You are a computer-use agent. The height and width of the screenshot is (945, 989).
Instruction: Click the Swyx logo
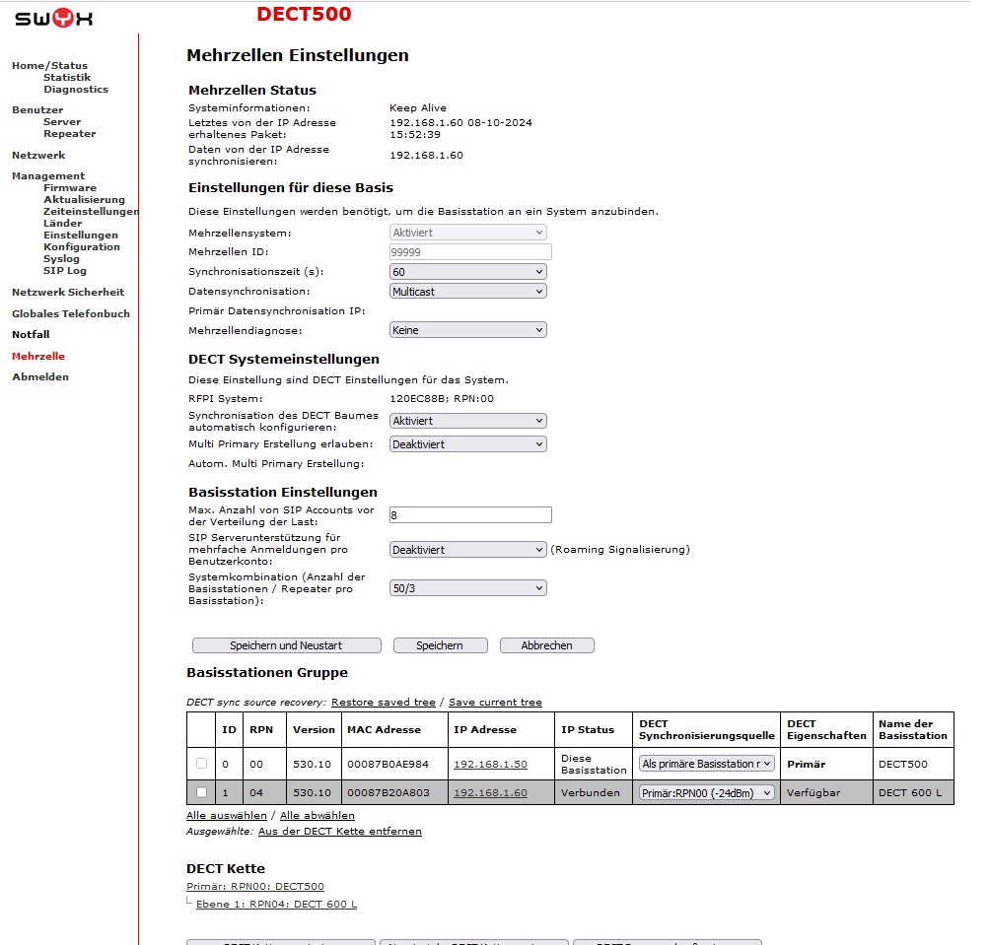(54, 18)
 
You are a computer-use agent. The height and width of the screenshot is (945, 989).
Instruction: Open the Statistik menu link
(67, 77)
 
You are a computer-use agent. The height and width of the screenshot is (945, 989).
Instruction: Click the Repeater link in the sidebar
(69, 133)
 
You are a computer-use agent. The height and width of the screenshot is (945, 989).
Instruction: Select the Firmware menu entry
(70, 187)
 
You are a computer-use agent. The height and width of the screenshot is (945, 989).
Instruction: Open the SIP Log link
(65, 270)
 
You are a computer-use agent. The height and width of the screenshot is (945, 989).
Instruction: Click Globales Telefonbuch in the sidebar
(71, 313)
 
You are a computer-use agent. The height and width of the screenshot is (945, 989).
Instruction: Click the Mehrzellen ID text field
(470, 251)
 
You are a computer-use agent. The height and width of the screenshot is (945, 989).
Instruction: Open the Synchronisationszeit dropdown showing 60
(467, 271)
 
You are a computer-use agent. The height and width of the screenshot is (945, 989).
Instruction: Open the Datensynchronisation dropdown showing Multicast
(467, 291)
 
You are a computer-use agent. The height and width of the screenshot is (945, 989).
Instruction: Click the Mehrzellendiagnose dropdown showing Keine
(467, 330)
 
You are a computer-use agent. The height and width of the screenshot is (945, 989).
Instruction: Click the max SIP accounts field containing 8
(470, 514)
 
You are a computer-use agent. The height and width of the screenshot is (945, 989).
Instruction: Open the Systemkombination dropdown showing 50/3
(467, 588)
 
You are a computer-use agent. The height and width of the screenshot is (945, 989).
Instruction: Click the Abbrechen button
(546, 645)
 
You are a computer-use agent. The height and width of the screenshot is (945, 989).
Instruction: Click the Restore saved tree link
(383, 702)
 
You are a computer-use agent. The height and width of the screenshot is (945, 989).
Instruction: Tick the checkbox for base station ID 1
(201, 792)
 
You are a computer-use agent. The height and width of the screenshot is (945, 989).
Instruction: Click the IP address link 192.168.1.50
(490, 764)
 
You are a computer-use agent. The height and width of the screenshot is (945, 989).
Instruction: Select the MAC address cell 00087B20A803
(388, 792)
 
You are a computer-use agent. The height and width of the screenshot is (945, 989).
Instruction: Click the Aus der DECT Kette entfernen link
(339, 831)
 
